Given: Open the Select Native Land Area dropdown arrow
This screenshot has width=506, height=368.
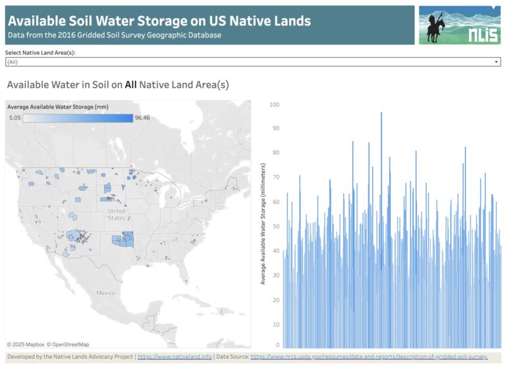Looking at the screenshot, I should [x=496, y=62].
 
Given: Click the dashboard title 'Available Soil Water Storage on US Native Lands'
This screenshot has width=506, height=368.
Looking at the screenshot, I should [x=159, y=20].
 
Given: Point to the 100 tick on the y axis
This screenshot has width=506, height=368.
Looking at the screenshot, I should [x=274, y=105].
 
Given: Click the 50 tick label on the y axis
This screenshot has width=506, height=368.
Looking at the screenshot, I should [x=275, y=226].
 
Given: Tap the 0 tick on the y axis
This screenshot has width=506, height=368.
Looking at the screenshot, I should [x=277, y=344].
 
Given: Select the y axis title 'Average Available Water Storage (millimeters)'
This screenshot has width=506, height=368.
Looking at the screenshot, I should [x=262, y=224].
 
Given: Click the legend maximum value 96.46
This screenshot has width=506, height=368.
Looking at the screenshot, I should [x=142, y=117].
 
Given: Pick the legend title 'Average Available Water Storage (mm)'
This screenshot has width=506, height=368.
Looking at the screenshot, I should [x=58, y=106].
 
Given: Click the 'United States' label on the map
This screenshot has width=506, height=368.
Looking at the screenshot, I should [x=117, y=214].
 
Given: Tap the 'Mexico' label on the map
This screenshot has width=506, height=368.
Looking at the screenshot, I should [x=105, y=292].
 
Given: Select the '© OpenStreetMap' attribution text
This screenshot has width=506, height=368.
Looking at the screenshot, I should [x=67, y=344].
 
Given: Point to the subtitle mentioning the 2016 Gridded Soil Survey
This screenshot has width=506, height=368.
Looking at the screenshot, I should [x=114, y=35].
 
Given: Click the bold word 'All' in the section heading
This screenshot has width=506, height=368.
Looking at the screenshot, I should [x=131, y=84].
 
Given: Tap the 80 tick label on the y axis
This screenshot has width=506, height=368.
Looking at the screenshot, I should [x=275, y=153].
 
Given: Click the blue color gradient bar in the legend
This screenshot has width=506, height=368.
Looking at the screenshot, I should [x=77, y=117].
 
